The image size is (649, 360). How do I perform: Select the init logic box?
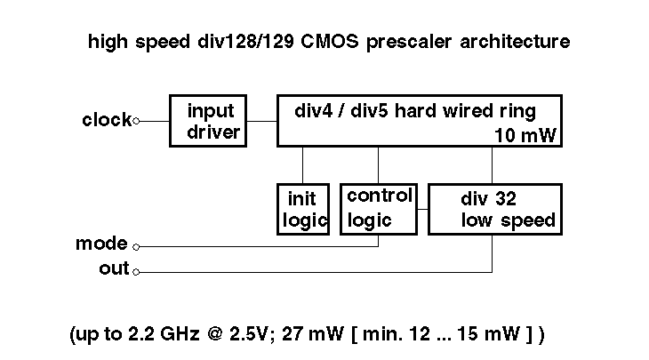[303, 208]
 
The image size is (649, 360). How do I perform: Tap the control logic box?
[379, 208]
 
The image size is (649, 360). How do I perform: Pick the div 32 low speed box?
[495, 209]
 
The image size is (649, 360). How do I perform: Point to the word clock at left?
[107, 120]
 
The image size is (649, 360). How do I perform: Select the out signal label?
[114, 268]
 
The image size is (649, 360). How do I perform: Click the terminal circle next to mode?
[135, 246]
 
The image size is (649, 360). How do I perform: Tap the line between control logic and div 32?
[422, 210]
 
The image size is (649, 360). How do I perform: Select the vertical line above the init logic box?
[303, 164]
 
